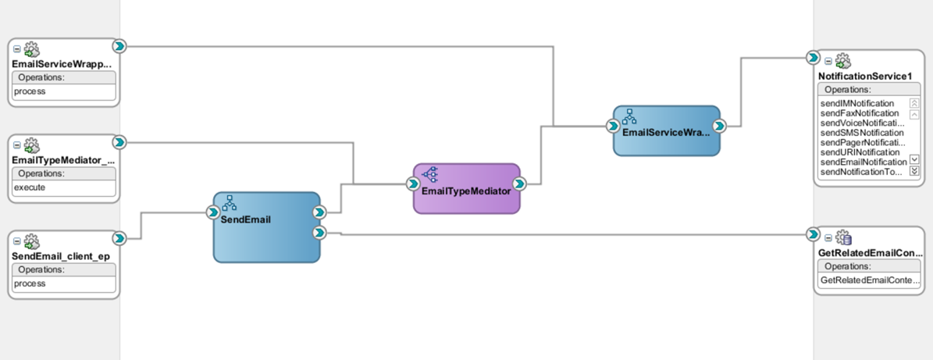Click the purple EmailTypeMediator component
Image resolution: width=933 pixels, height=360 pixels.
[466, 190]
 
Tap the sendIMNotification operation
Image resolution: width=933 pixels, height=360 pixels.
[857, 103]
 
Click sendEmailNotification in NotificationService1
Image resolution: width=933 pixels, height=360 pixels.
[863, 162]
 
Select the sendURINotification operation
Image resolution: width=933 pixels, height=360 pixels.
[858, 152]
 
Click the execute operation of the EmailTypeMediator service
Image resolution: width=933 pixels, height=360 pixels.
[30, 188]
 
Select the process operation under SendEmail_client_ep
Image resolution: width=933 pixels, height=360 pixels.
[30, 283]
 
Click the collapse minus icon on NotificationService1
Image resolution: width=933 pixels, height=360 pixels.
[829, 60]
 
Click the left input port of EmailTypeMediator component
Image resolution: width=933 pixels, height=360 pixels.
[413, 184]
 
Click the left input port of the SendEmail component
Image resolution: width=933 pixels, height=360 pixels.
[213, 212]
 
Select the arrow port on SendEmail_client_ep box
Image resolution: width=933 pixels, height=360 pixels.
[119, 238]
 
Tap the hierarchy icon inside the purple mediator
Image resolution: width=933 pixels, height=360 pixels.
[430, 175]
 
